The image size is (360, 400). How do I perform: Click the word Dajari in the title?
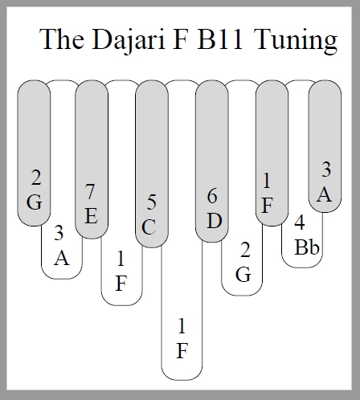(128, 41)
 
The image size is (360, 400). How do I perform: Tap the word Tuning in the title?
(296, 41)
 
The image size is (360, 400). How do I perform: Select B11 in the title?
(219, 39)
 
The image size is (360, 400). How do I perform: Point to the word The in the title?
(62, 39)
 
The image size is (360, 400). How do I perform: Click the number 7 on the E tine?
(90, 191)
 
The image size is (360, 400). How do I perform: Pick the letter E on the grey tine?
(91, 216)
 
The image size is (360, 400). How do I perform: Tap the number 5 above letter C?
(152, 202)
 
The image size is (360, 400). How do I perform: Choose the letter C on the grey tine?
(149, 227)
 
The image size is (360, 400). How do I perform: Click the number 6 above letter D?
(212, 196)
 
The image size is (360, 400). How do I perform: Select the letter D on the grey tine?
(215, 221)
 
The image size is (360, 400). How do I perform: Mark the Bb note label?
(307, 247)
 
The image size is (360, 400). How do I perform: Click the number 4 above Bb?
(300, 222)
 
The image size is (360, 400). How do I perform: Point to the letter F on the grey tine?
(267, 206)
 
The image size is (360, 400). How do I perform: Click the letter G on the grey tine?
(35, 202)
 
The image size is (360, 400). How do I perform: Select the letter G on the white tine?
(243, 274)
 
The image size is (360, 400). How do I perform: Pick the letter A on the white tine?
(62, 258)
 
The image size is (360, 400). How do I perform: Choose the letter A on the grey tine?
(324, 194)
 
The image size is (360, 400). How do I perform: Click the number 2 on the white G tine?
(245, 250)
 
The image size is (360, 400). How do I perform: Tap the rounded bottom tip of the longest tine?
(182, 380)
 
